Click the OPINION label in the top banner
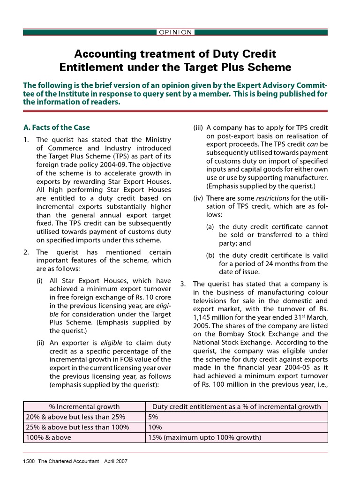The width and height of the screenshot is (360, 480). coord(175,32)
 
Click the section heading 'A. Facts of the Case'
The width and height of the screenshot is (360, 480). coord(56,127)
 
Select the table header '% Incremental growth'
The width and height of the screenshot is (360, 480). coord(84,406)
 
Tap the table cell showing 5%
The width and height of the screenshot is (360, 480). coord(153,417)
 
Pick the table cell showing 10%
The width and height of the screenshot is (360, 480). coord(155,427)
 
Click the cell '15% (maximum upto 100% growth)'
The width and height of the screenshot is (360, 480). coord(204,437)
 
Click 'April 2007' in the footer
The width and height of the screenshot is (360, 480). coord(116,461)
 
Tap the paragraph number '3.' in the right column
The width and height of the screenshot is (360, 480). coord(183,284)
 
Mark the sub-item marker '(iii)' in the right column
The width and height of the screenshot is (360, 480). coord(198,128)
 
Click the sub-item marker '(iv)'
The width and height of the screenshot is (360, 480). coord(198,198)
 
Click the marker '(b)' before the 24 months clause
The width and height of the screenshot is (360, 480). coord(211,255)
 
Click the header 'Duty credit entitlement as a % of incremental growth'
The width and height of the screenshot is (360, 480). coord(237,406)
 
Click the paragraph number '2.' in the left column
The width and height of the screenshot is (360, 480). coord(26,252)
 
